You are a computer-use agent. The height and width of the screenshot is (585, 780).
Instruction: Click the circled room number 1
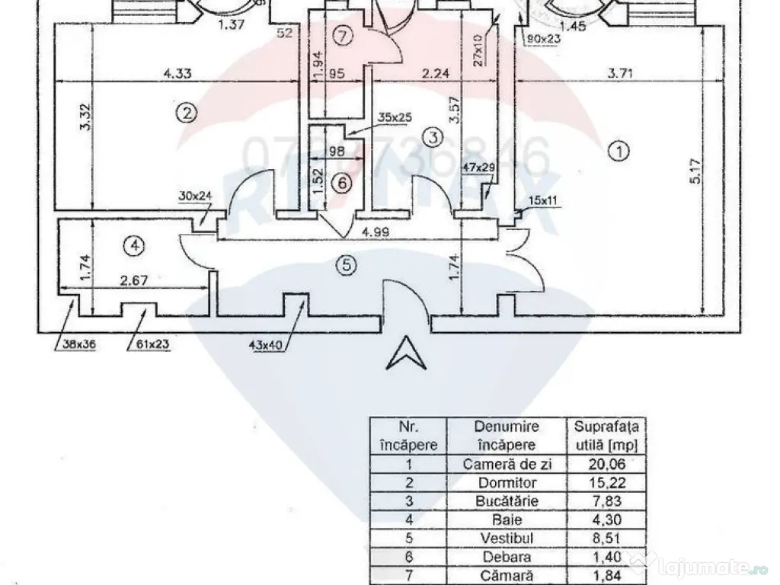(x=621, y=151)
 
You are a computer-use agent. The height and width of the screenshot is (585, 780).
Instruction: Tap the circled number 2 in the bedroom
(x=186, y=113)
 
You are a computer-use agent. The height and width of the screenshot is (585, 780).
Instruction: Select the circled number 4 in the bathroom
(x=134, y=245)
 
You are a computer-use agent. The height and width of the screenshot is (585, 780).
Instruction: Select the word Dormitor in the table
(x=505, y=482)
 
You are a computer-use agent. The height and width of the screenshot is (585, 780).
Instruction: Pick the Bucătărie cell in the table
(x=505, y=500)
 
